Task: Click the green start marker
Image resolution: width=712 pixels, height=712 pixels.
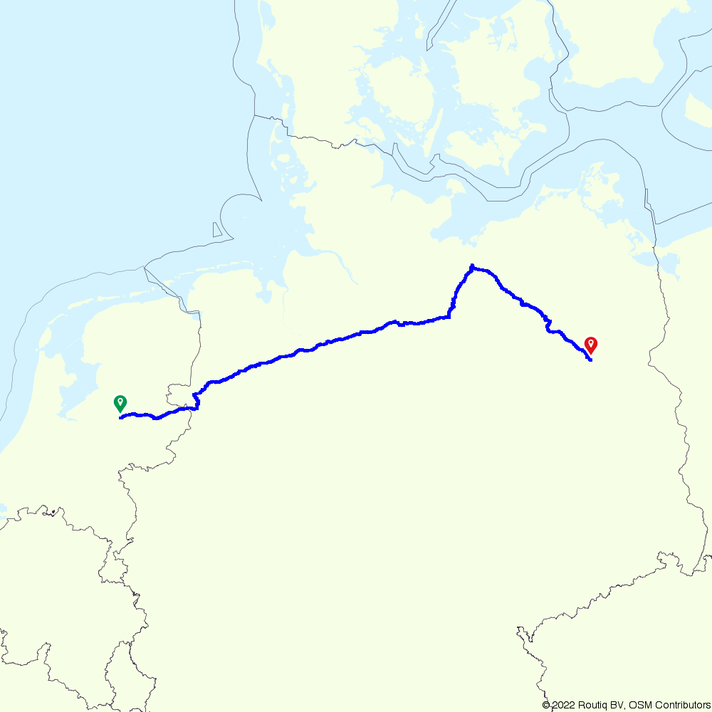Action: tap(120, 404)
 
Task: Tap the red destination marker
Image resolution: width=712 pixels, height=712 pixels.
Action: tap(590, 345)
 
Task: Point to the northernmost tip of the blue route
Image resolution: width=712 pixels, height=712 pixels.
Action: tap(472, 266)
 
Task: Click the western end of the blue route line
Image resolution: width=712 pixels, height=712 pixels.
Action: tap(120, 418)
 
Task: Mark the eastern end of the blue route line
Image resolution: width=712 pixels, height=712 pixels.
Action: tap(591, 361)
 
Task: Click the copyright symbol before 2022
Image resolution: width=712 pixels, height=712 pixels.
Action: tap(546, 705)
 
